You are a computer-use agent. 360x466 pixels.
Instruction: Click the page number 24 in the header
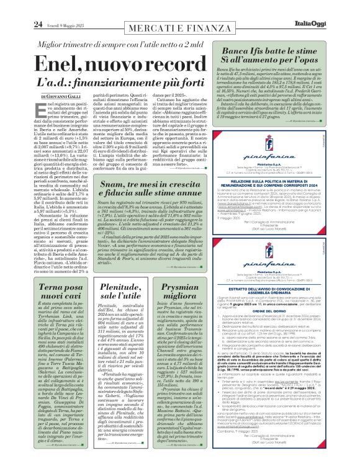(x=19, y=7)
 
